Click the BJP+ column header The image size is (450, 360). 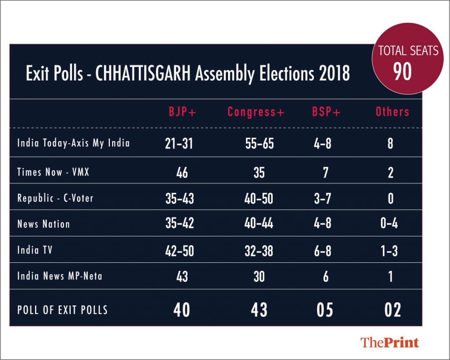coord(181,112)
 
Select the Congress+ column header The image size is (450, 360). coord(256,112)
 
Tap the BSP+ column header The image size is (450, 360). coord(326,112)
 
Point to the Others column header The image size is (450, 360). coord(392,112)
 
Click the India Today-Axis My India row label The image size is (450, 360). coord(73,143)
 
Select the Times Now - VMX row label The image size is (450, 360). coord(53,172)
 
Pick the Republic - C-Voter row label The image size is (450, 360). coord(55,198)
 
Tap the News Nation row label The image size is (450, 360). coord(44,224)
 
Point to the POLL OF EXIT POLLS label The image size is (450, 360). coord(62,309)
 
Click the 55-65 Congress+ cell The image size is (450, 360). coord(259,144)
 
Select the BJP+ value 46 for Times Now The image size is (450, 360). coord(181,172)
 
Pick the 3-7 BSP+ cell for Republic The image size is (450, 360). coord(326,199)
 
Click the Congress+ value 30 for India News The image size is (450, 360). coord(259,277)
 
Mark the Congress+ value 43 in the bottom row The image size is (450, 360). coord(259,310)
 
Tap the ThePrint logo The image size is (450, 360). coord(390,342)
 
